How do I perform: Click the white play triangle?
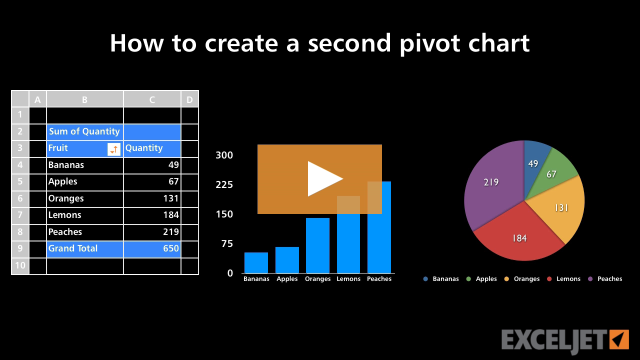point(323,178)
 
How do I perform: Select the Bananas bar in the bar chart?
point(256,262)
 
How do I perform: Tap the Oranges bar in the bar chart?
point(317,245)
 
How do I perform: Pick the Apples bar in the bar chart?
point(287,259)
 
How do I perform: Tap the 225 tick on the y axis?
point(224,185)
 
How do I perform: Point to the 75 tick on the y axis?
point(227,244)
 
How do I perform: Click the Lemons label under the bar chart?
point(348,279)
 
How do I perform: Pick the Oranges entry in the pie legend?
point(526,279)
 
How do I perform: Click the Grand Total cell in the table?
point(84,248)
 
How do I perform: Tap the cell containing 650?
point(152,248)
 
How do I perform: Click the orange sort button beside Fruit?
point(114,149)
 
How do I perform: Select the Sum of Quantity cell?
point(84,131)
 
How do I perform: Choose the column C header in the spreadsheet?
point(152,99)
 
